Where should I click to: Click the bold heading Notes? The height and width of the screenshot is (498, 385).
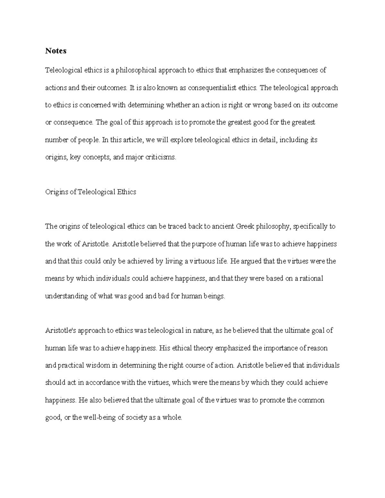[x=56, y=51]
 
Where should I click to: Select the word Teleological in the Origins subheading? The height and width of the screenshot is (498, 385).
[x=96, y=192]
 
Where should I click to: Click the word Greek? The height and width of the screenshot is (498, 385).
[x=245, y=227]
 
